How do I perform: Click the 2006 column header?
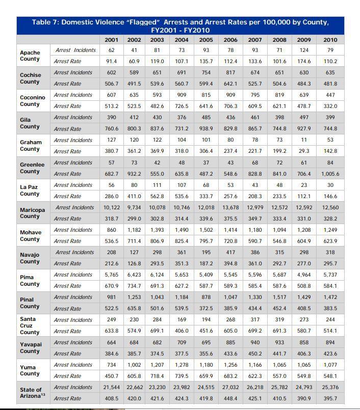[x=230, y=40]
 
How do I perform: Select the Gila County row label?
[x=30, y=123]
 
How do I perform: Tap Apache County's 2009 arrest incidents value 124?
[x=304, y=50]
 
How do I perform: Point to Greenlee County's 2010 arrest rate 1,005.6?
[x=330, y=174]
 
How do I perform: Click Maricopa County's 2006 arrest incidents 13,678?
[x=230, y=207]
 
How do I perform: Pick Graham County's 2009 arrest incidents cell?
[x=304, y=140]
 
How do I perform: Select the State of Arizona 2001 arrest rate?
[x=111, y=398]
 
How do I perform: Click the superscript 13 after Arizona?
[x=43, y=394]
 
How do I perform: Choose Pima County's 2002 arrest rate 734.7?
[x=134, y=286]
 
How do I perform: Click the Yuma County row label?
[x=30, y=370]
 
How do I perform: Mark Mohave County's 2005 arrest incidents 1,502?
[x=206, y=230]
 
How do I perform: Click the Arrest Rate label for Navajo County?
[x=67, y=263]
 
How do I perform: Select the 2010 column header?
[x=330, y=40]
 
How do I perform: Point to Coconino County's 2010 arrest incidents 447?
[x=330, y=95]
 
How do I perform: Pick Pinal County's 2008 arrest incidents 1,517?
[x=279, y=297]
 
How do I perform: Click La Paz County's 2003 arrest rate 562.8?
[x=157, y=196]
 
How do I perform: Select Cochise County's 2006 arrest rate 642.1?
[x=230, y=84]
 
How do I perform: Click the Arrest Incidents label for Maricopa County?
[x=74, y=207]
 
